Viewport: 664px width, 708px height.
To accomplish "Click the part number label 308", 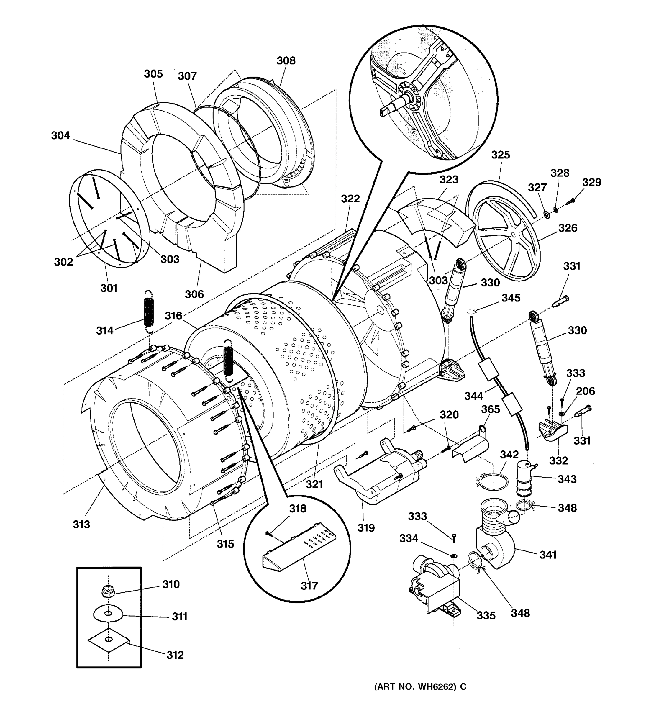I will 286,60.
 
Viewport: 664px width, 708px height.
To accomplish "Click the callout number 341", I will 547,555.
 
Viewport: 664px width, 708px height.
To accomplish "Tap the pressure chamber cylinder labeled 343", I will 524,478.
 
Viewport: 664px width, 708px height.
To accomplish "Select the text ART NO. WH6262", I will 415,686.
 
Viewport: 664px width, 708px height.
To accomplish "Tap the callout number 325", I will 500,155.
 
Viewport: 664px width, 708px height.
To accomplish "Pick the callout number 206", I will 585,391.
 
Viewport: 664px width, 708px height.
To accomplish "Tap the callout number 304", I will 60,135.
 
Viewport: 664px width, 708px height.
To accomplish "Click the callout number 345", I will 511,298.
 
